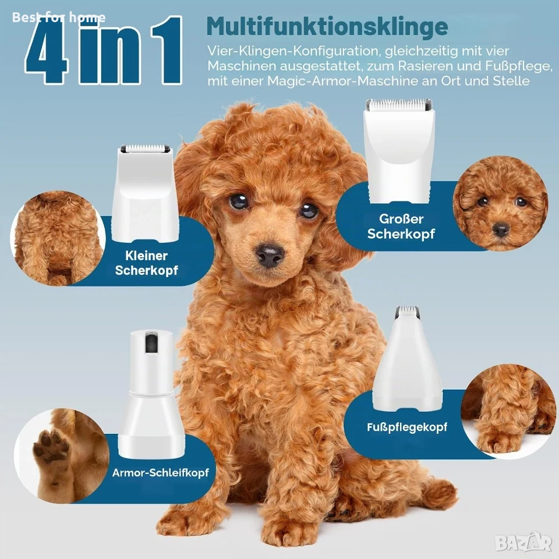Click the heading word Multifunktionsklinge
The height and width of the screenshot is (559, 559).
coord(327,26)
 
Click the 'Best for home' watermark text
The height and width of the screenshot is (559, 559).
coord(59,17)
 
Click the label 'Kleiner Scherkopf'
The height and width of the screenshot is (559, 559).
coord(146,263)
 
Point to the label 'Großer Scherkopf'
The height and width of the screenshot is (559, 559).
coord(401,226)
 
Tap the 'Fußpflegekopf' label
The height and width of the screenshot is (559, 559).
coord(407,427)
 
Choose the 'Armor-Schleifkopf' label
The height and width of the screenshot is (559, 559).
coord(161,473)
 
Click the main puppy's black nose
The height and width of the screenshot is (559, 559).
coord(270,254)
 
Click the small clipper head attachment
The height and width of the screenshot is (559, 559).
coord(145,193)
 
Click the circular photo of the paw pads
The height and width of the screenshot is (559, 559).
coord(61,455)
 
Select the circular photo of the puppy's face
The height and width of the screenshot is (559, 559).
coord(500,203)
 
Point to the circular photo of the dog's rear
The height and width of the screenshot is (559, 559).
coord(58,238)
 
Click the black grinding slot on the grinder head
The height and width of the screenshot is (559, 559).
coord(151,342)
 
